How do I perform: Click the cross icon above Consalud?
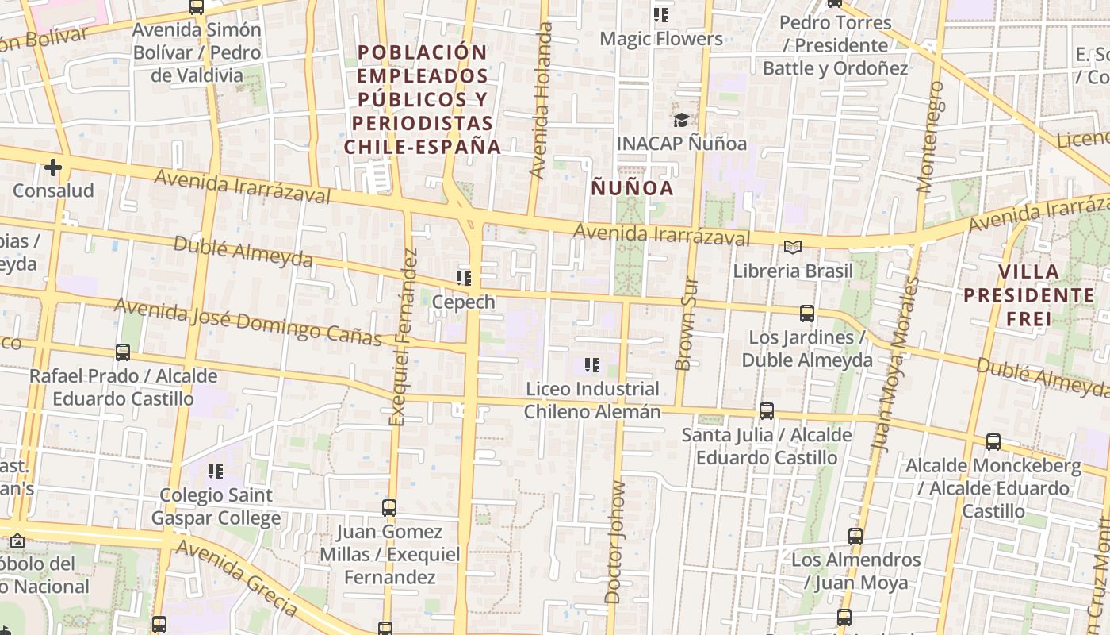click(53, 167)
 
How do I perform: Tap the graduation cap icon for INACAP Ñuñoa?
click(681, 120)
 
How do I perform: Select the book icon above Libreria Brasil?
click(793, 247)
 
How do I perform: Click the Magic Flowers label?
click(661, 38)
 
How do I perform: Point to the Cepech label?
click(464, 302)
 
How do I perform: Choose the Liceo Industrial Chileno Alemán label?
click(591, 400)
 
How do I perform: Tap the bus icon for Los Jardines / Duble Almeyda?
click(807, 314)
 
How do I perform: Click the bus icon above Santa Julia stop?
click(767, 411)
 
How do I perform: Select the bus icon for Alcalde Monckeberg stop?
click(993, 442)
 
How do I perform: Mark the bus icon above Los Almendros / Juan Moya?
click(855, 537)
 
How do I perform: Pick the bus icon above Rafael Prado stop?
click(123, 352)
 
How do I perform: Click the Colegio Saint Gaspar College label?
click(216, 506)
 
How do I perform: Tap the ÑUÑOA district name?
click(633, 188)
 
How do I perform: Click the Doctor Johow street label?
click(614, 542)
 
